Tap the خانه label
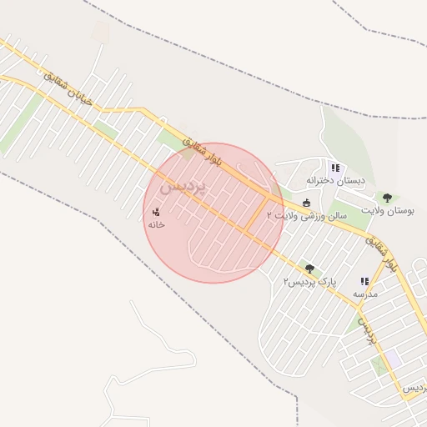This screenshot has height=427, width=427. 156,225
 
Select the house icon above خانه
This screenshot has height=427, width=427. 156,213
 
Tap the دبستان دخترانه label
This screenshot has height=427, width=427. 334,180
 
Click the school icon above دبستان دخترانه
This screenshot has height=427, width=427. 334,167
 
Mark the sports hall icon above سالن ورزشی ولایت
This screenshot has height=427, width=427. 306,202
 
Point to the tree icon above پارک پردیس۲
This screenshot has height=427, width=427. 310,269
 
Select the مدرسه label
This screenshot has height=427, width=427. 364,294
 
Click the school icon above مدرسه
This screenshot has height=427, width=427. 364,282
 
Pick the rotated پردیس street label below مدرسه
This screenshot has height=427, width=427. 367,331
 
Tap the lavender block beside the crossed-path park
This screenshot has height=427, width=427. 393,358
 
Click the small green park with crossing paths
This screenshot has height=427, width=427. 379,365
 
